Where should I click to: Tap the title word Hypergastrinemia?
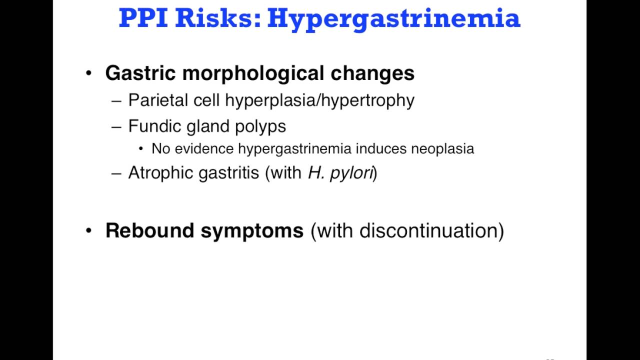click(394, 19)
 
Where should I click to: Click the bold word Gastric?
click(140, 73)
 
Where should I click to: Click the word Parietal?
click(155, 100)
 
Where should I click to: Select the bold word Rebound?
click(150, 230)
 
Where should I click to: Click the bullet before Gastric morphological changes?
click(89, 73)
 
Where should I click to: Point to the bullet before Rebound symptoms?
click(89, 230)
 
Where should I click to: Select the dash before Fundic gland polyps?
click(116, 126)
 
